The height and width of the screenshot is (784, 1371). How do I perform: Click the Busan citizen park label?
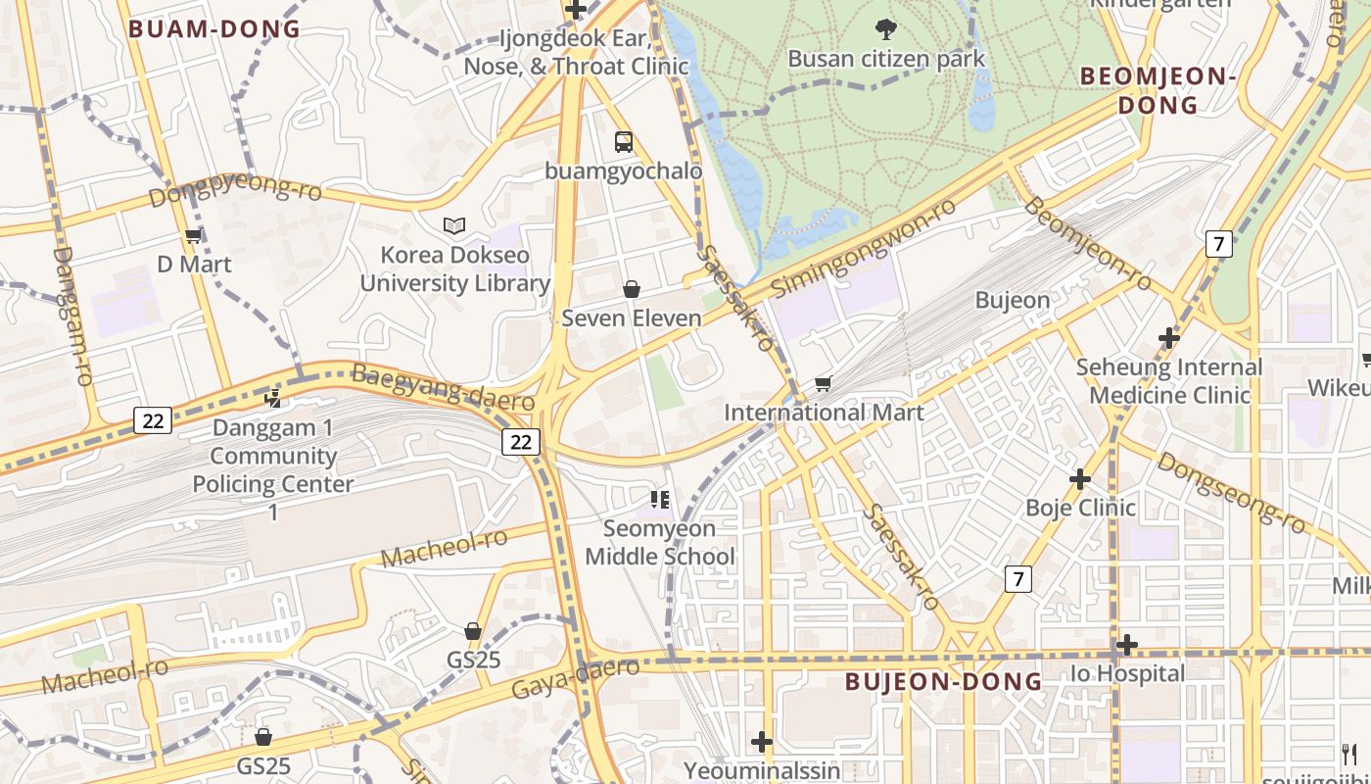click(x=886, y=59)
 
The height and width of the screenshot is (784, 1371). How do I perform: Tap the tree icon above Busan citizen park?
click(x=886, y=29)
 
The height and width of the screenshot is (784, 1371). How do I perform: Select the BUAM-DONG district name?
click(x=214, y=29)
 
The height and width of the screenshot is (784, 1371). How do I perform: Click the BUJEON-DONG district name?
click(x=943, y=681)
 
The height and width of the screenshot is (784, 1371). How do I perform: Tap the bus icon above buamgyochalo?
click(x=624, y=142)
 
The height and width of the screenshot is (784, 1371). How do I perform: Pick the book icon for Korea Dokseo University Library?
click(x=453, y=226)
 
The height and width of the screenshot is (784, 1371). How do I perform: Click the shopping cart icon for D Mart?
click(x=193, y=236)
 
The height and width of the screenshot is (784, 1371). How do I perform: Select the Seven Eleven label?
click(x=632, y=318)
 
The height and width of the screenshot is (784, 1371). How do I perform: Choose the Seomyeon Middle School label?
click(x=660, y=543)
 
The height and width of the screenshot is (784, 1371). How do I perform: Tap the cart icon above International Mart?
click(x=823, y=383)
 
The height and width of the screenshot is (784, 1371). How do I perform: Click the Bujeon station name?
click(x=1013, y=300)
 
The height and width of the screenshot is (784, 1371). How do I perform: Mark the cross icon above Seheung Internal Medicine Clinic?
click(x=1168, y=338)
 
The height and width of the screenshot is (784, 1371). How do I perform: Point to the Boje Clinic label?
click(x=1080, y=508)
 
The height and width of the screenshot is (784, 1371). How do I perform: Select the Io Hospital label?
click(x=1127, y=673)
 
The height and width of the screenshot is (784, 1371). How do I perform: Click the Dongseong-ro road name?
click(x=1231, y=492)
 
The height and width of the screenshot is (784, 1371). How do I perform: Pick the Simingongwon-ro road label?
click(x=863, y=249)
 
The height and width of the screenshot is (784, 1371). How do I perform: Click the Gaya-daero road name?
click(x=575, y=678)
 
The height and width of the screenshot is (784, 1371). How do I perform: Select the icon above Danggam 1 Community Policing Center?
click(x=273, y=398)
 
